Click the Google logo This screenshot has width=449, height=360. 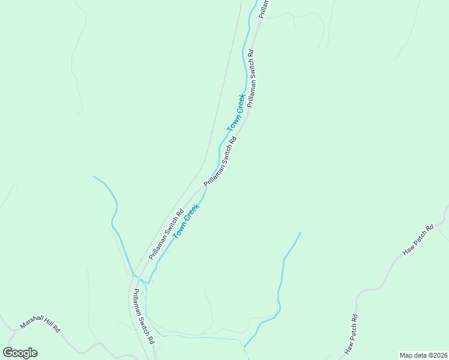pos(20,353)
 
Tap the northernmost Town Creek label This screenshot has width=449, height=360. pos(236,113)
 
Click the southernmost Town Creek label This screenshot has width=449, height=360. pos(185,221)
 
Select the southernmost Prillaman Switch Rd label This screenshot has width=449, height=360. pos(144,316)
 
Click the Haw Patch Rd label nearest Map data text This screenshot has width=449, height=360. pos(351,334)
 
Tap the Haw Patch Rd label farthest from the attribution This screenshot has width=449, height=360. pos(418,241)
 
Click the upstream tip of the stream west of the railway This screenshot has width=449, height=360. pos(94,176)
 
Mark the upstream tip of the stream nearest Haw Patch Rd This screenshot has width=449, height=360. pos(300,233)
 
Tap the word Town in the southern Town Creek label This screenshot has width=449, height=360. pos(179,230)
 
